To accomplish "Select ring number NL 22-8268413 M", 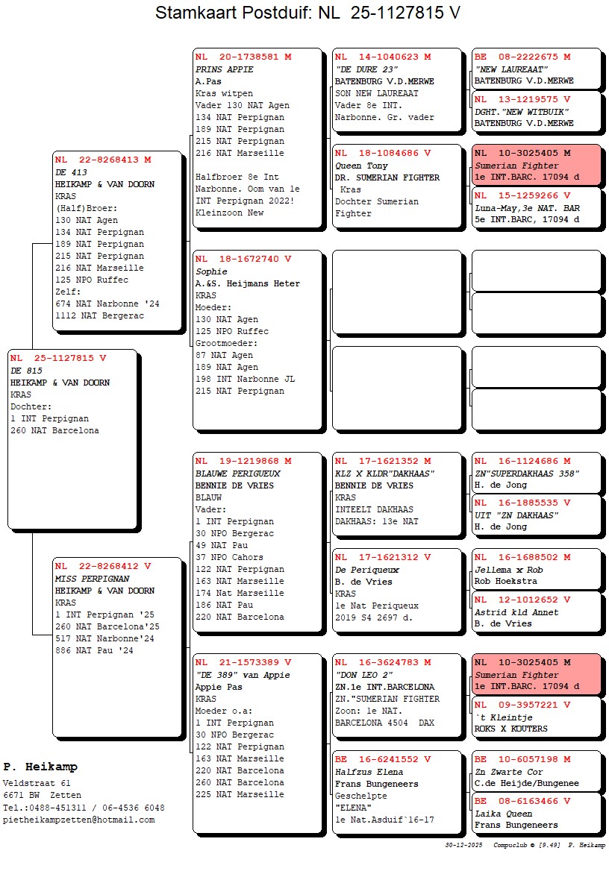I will [103, 160].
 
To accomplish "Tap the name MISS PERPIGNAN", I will [93, 579].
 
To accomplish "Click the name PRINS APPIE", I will [225, 69].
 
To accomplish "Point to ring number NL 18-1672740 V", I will [243, 260].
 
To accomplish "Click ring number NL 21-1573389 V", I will [243, 662].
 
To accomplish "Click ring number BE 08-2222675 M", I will [522, 57].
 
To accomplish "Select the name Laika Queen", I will [504, 814].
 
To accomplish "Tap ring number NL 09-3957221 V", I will [522, 705].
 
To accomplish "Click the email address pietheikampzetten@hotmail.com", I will [79, 820].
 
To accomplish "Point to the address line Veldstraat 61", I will [37, 784].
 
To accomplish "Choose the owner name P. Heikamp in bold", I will [40, 767].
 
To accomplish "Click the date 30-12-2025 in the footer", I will [464, 845].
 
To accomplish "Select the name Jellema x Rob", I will [508, 570].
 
